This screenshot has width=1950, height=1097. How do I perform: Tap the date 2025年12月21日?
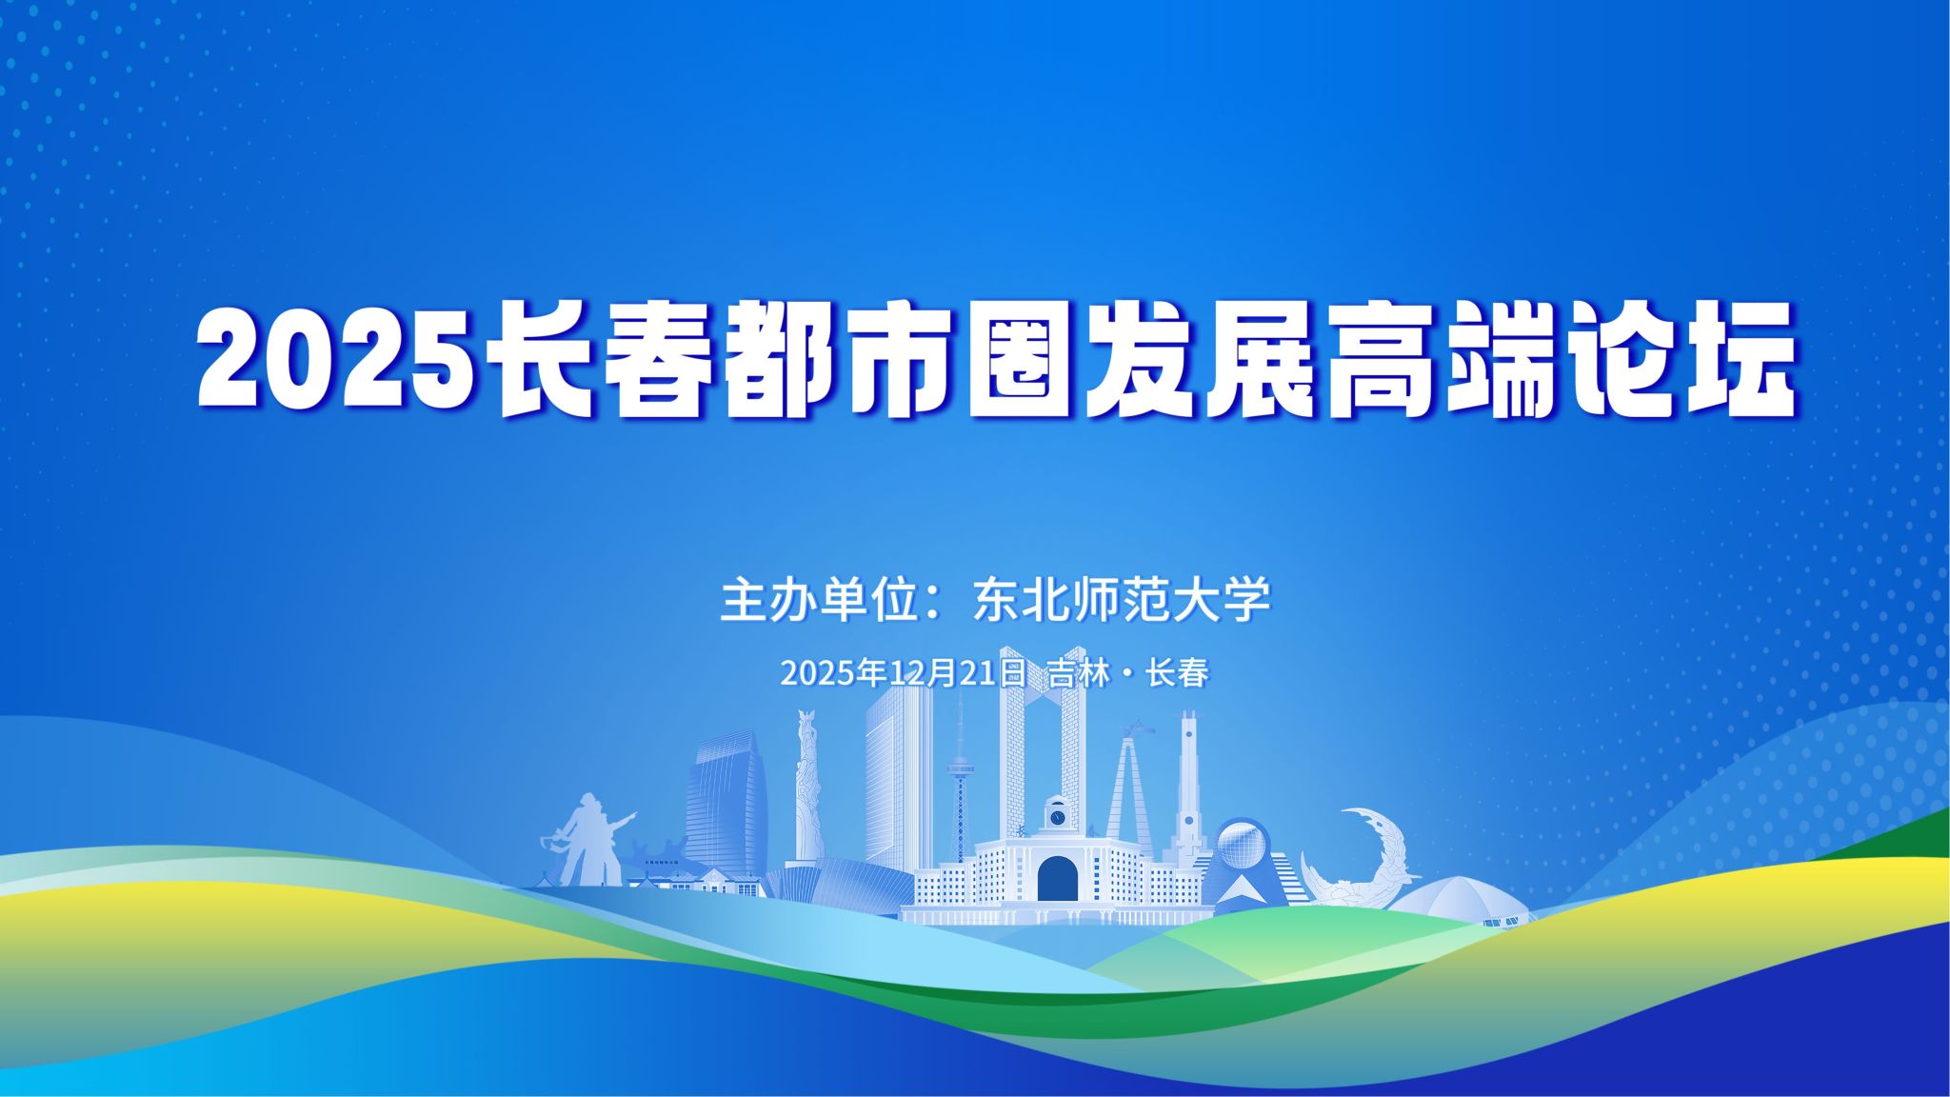click(903, 672)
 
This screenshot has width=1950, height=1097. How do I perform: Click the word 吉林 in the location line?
click(1079, 672)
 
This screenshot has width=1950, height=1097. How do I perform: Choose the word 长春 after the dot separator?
click(1178, 672)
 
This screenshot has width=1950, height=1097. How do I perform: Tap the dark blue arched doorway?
click(1057, 878)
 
